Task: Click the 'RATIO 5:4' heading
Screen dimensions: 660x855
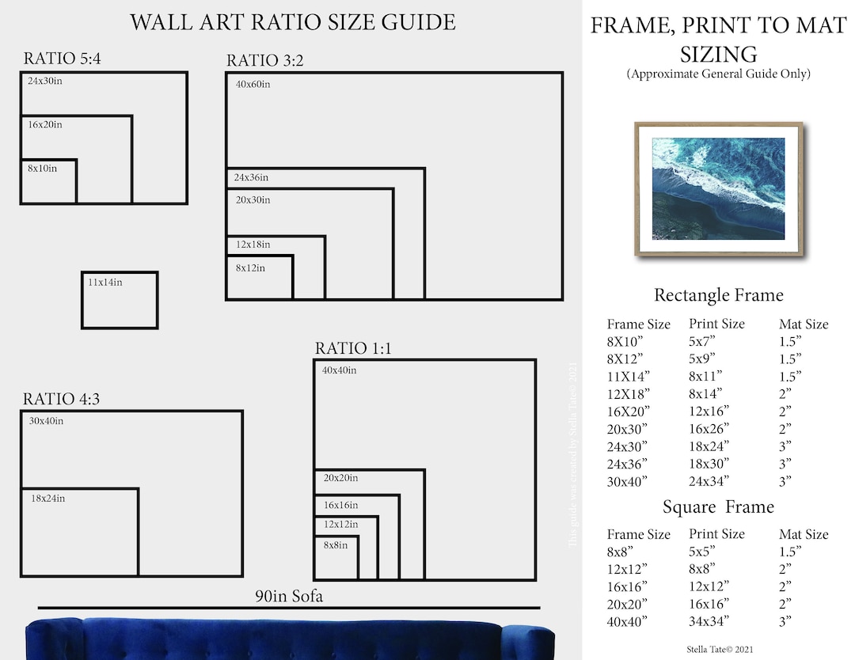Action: (63, 58)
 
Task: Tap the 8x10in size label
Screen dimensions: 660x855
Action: (43, 169)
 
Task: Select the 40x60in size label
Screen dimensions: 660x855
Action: (253, 85)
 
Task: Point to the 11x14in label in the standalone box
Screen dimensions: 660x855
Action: (105, 282)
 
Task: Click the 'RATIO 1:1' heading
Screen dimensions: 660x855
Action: (353, 348)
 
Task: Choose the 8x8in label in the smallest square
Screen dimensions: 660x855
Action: (335, 545)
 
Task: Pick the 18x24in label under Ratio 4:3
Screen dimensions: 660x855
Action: (47, 499)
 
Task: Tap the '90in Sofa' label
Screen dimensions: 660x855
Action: (289, 597)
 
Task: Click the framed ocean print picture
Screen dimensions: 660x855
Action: (718, 189)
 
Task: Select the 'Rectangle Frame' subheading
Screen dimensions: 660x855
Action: (718, 295)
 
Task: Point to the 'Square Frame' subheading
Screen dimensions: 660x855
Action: (718, 506)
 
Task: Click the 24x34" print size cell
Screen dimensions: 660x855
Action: (709, 481)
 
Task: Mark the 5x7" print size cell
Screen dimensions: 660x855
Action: (701, 341)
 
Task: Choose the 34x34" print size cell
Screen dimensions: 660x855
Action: (709, 621)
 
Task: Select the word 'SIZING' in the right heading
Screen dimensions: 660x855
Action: (718, 55)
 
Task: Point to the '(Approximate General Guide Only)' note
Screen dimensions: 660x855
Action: (718, 74)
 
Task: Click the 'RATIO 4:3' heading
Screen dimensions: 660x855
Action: (61, 399)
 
